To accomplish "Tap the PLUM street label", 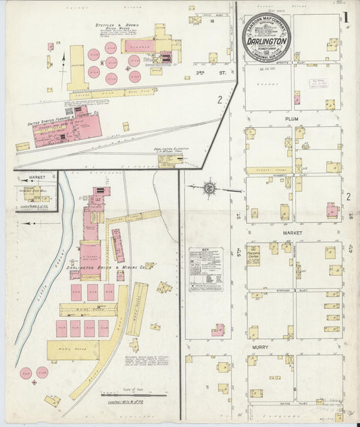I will [x=291, y=118].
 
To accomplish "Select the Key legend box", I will [x=205, y=269].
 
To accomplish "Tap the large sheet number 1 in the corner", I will [x=346, y=18].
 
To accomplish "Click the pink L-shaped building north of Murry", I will [x=217, y=330].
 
